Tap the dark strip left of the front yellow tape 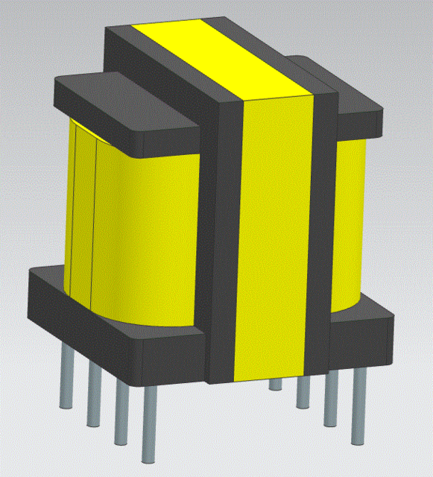click(229, 238)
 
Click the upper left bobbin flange click(127, 104)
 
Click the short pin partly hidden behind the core click(276, 384)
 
